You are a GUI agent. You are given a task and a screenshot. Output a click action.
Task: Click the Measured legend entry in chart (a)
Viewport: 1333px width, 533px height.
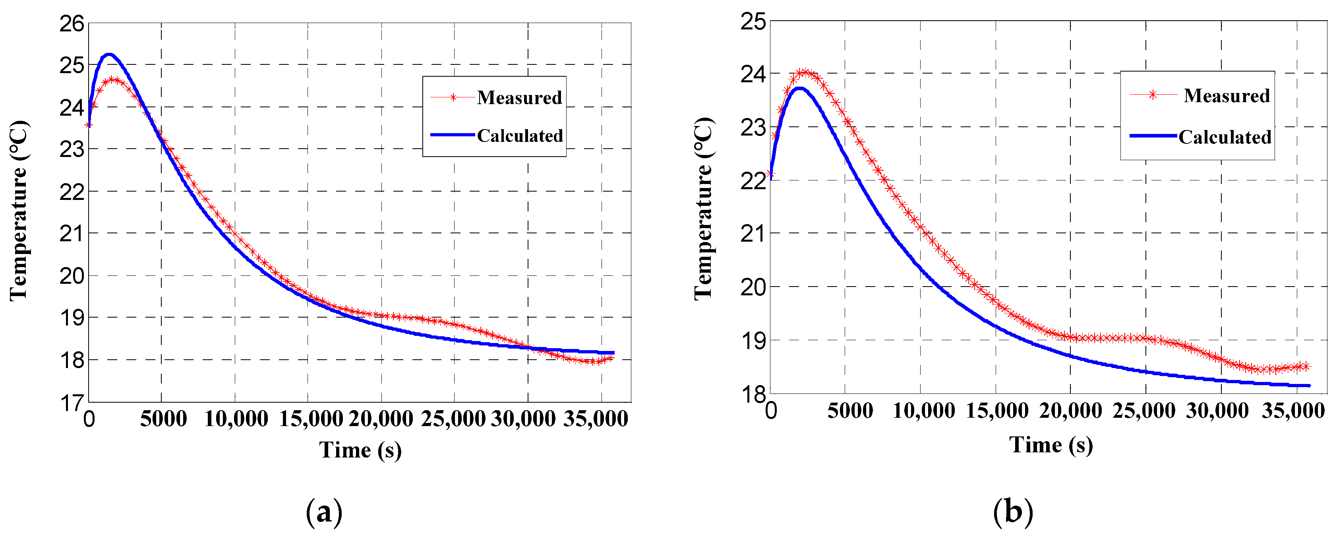[519, 97]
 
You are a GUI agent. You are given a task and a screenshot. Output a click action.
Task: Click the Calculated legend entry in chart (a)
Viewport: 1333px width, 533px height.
[520, 136]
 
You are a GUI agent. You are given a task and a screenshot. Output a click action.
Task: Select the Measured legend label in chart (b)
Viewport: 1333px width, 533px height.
[1227, 96]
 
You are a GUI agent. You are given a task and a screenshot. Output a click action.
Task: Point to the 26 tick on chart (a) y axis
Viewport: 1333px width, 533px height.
[72, 24]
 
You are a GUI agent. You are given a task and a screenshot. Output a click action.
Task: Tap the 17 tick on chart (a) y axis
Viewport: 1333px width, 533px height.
[72, 403]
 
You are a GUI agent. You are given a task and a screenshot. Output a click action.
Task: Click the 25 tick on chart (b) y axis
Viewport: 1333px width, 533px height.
[753, 22]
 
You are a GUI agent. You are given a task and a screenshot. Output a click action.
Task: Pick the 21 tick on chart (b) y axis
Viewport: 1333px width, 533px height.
[753, 234]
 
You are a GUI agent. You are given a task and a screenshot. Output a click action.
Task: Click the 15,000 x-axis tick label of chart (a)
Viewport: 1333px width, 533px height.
[310, 419]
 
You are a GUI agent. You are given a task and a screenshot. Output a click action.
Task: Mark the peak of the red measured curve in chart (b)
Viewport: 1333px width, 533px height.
[805, 72]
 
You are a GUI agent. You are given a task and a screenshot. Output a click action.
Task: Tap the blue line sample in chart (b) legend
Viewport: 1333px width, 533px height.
[1153, 136]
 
